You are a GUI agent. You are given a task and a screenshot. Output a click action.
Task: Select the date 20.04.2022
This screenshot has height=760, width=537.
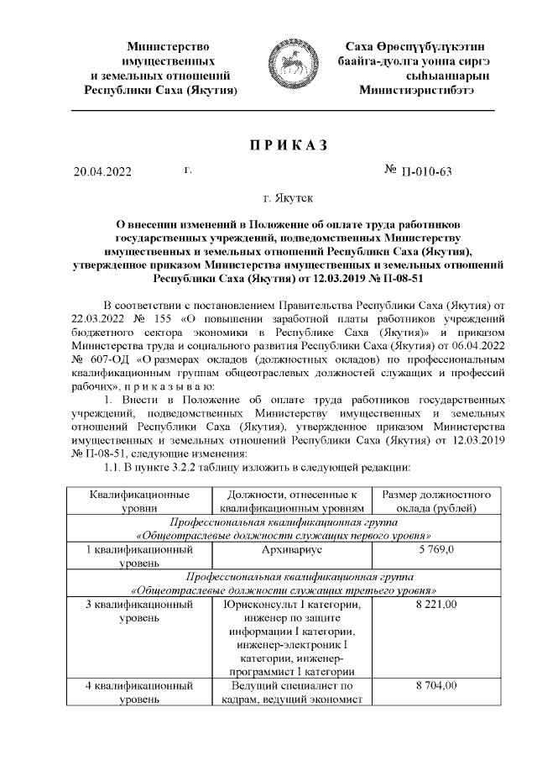pyautogui.click(x=103, y=173)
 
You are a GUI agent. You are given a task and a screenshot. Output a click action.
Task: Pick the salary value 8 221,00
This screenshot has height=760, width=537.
pyautogui.click(x=441, y=604)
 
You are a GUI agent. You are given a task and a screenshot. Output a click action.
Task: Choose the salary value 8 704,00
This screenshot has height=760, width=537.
pyautogui.click(x=441, y=686)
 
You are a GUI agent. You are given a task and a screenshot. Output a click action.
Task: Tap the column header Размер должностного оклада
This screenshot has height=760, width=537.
pyautogui.click(x=441, y=501)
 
